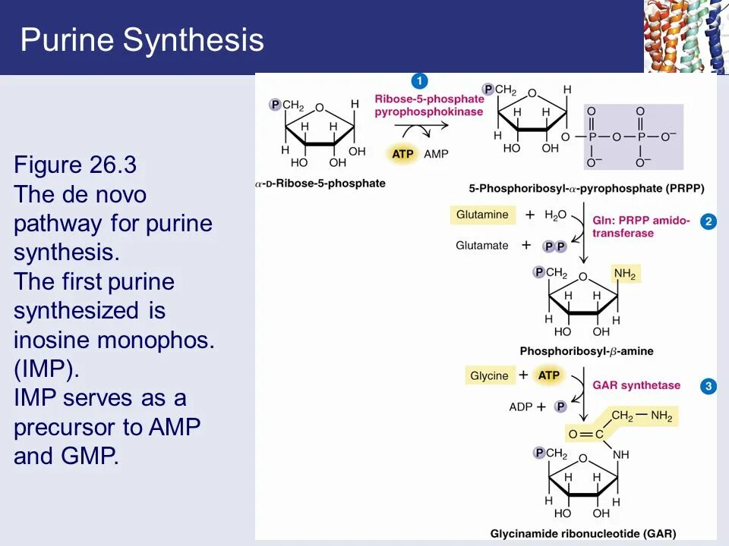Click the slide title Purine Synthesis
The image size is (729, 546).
click(142, 39)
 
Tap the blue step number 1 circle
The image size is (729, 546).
click(420, 81)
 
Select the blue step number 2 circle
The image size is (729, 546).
click(708, 221)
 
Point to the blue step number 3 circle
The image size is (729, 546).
click(708, 386)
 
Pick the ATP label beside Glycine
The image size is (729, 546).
click(548, 375)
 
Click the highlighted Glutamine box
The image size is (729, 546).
click(482, 215)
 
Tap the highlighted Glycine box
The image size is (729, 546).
click(489, 376)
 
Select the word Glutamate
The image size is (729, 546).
click(482, 245)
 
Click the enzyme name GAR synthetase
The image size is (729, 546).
click(636, 385)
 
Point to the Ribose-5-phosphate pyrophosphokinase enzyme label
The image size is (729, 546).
click(428, 105)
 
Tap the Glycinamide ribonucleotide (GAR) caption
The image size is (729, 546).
click(583, 533)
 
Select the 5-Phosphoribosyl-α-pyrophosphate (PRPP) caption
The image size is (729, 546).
click(587, 188)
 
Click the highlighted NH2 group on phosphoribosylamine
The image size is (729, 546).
click(626, 274)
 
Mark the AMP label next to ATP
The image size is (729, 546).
click(436, 154)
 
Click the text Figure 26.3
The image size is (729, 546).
click(75, 165)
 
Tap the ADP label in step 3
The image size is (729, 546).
click(521, 407)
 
